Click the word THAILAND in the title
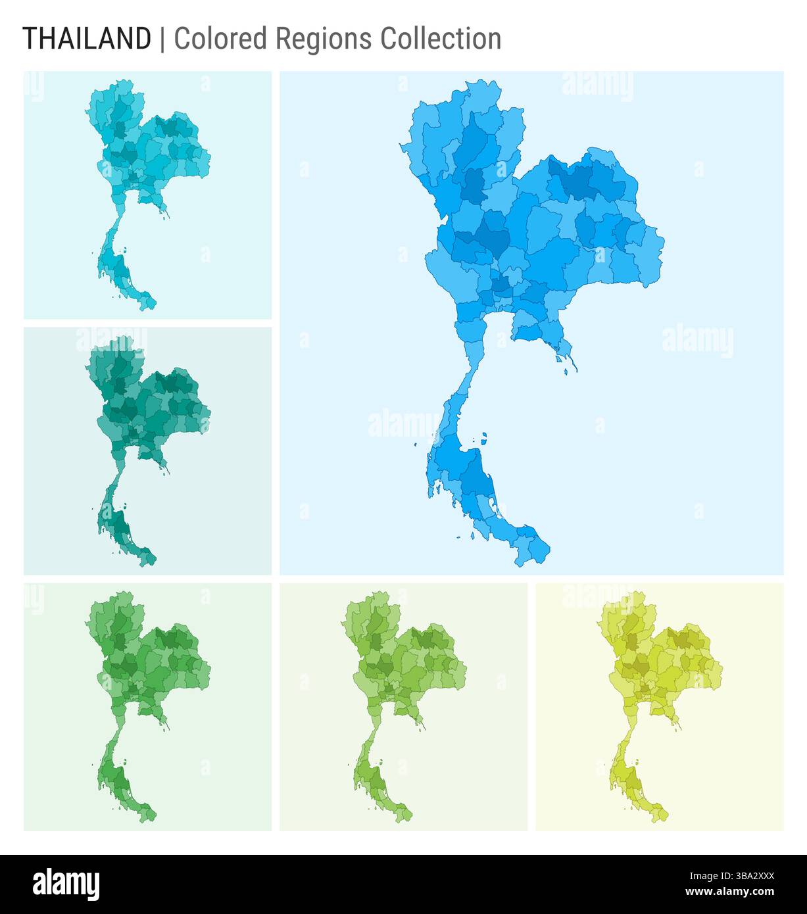coord(87,39)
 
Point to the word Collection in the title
coord(441,39)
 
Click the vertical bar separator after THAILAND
coord(162,39)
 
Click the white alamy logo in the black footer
coord(66,883)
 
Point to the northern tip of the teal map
coord(123,338)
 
